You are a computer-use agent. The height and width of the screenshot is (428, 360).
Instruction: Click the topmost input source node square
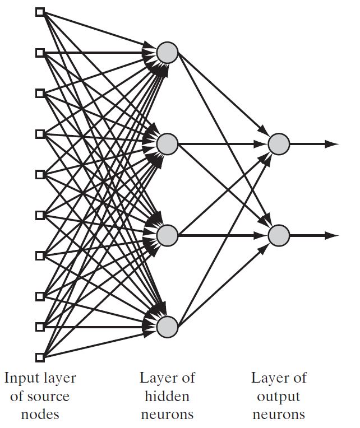[40, 12]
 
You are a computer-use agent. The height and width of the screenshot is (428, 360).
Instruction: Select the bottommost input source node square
[40, 357]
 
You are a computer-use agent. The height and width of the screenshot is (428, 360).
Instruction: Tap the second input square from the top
[40, 53]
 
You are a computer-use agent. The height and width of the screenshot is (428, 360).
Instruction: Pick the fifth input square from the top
[40, 174]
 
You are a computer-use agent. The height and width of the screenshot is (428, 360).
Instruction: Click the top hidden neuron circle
[167, 53]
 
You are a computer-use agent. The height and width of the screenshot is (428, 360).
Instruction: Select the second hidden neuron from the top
[167, 144]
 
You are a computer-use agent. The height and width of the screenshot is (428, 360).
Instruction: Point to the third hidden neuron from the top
[167, 235]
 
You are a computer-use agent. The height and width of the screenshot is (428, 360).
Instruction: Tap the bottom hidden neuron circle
[167, 327]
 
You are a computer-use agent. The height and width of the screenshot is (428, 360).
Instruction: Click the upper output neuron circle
[279, 144]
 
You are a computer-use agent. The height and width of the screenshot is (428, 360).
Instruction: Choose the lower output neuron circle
[279, 235]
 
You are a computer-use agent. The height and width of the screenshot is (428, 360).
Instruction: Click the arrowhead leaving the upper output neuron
[331, 144]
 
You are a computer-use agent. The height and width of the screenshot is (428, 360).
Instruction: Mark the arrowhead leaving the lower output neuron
[331, 235]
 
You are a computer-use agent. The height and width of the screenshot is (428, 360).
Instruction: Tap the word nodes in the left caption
[40, 415]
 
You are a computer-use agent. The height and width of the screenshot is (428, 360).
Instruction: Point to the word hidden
[167, 396]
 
